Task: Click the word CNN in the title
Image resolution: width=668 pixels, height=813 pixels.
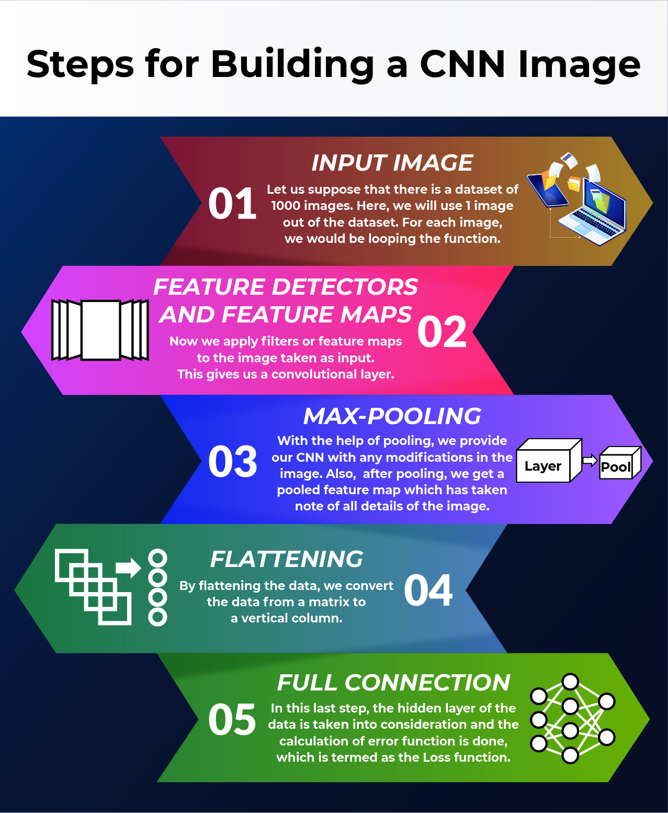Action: click(462, 64)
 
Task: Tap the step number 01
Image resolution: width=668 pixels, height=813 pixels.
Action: click(232, 204)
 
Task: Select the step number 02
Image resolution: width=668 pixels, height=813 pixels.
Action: click(442, 332)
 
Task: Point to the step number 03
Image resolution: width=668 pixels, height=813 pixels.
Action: click(232, 462)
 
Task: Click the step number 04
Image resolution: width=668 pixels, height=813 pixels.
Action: click(428, 590)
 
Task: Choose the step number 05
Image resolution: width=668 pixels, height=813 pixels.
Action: click(232, 720)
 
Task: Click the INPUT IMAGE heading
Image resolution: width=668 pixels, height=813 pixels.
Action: click(392, 163)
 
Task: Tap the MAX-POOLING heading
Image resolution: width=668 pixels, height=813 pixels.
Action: click(392, 416)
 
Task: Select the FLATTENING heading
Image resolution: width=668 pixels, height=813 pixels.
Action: click(287, 559)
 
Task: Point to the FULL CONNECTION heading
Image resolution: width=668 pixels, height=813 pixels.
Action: click(393, 683)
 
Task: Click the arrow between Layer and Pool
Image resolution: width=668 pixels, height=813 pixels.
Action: click(590, 461)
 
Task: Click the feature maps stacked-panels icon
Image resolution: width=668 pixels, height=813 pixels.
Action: click(100, 330)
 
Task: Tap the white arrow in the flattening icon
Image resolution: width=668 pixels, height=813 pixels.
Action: click(128, 567)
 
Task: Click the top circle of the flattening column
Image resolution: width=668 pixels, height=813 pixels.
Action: click(157, 558)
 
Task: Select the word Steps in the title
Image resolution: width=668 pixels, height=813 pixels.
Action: click(80, 64)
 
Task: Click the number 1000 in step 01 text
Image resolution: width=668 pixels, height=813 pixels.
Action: click(285, 206)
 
